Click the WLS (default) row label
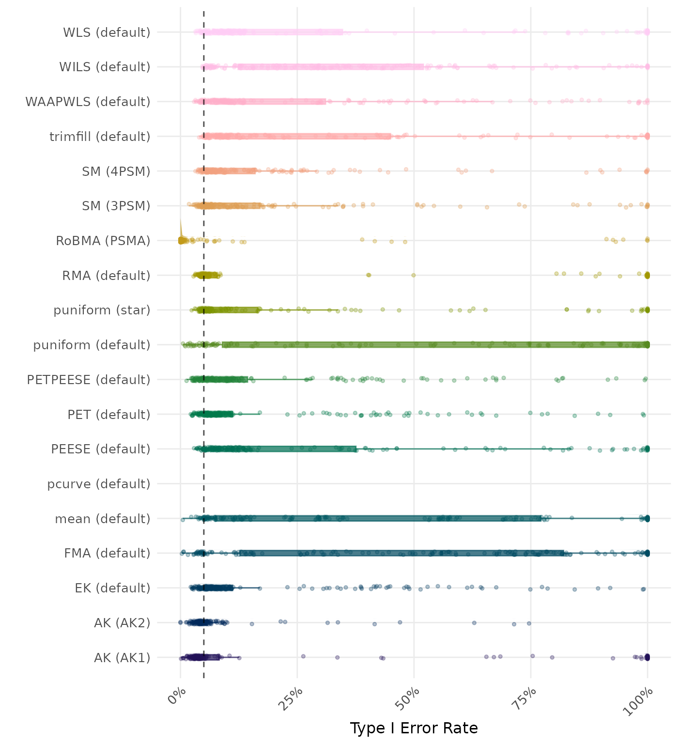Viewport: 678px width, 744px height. pyautogui.click(x=107, y=32)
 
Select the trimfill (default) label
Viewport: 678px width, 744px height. pyautogui.click(x=100, y=137)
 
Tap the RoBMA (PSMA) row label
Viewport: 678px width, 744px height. pyautogui.click(x=103, y=241)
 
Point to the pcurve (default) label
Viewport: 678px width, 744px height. pyautogui.click(x=99, y=484)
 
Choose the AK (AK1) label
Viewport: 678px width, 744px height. pyautogui.click(x=122, y=658)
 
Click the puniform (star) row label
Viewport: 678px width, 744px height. pyautogui.click(x=102, y=310)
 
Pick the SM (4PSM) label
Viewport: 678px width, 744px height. pyautogui.click(x=116, y=171)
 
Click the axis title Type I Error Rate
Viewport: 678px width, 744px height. pyautogui.click(x=414, y=728)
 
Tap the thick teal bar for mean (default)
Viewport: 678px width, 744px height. pyautogui.click(x=378, y=518)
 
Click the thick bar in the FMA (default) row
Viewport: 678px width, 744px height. pyautogui.click(x=402, y=553)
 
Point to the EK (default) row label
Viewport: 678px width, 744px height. pyautogui.click(x=112, y=588)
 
